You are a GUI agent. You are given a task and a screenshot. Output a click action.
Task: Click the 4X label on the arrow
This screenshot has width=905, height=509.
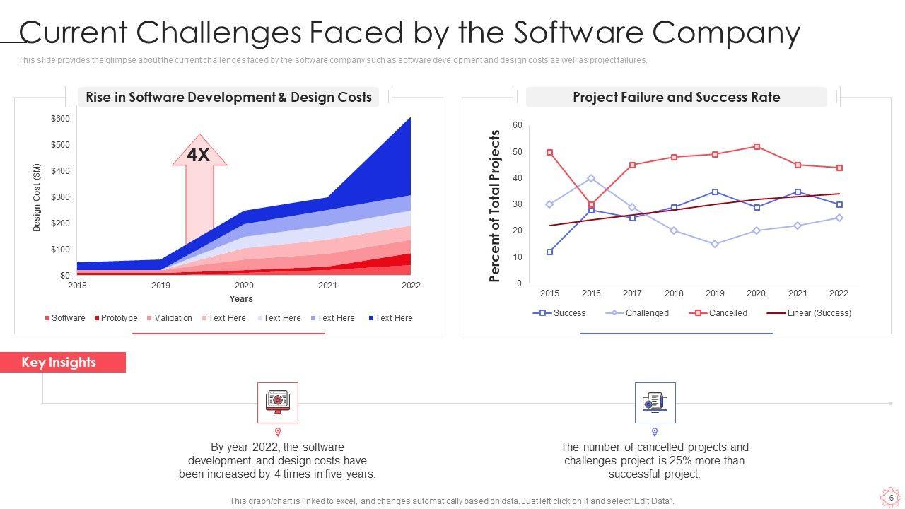[199, 155]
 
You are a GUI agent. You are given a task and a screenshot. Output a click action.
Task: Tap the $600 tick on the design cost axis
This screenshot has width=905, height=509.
[60, 119]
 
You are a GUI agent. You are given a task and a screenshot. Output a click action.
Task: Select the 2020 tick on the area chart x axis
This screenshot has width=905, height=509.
[244, 286]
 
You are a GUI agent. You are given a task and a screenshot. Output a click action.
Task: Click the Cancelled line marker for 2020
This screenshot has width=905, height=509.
[757, 147]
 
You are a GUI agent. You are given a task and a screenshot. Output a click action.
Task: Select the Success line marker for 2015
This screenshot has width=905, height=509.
[549, 252]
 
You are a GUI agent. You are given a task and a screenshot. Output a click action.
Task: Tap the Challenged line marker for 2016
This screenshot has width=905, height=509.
[591, 178]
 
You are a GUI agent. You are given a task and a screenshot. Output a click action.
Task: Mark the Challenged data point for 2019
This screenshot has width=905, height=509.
[715, 244]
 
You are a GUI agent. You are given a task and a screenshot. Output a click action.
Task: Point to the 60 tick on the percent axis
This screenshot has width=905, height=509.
[518, 125]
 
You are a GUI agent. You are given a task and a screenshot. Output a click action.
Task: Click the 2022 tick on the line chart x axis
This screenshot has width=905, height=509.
[839, 293]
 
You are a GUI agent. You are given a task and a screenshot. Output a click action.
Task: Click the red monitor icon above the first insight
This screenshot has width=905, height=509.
[278, 402]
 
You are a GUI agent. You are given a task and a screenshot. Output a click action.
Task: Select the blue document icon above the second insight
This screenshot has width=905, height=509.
[655, 402]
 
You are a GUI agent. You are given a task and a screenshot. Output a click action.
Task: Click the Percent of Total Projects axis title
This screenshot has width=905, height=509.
[495, 206]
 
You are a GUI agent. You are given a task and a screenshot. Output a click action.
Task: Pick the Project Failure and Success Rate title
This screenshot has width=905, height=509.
[676, 98]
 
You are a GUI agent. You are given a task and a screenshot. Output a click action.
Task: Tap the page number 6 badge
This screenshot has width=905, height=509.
[891, 498]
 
